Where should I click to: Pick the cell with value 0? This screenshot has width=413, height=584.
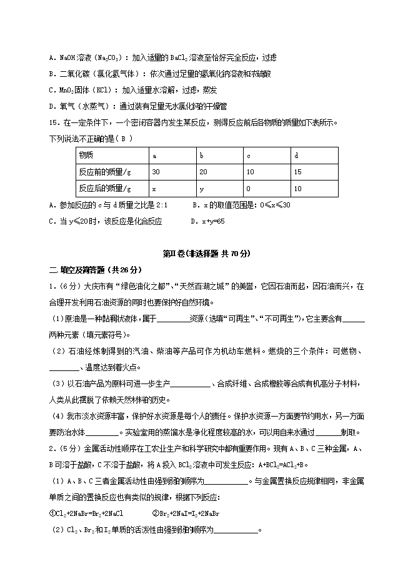249,187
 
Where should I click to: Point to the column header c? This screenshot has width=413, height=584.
249,155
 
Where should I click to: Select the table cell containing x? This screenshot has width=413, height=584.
154,187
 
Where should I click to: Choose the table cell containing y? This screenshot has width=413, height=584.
201,187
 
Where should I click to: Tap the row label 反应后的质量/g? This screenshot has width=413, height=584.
105,187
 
